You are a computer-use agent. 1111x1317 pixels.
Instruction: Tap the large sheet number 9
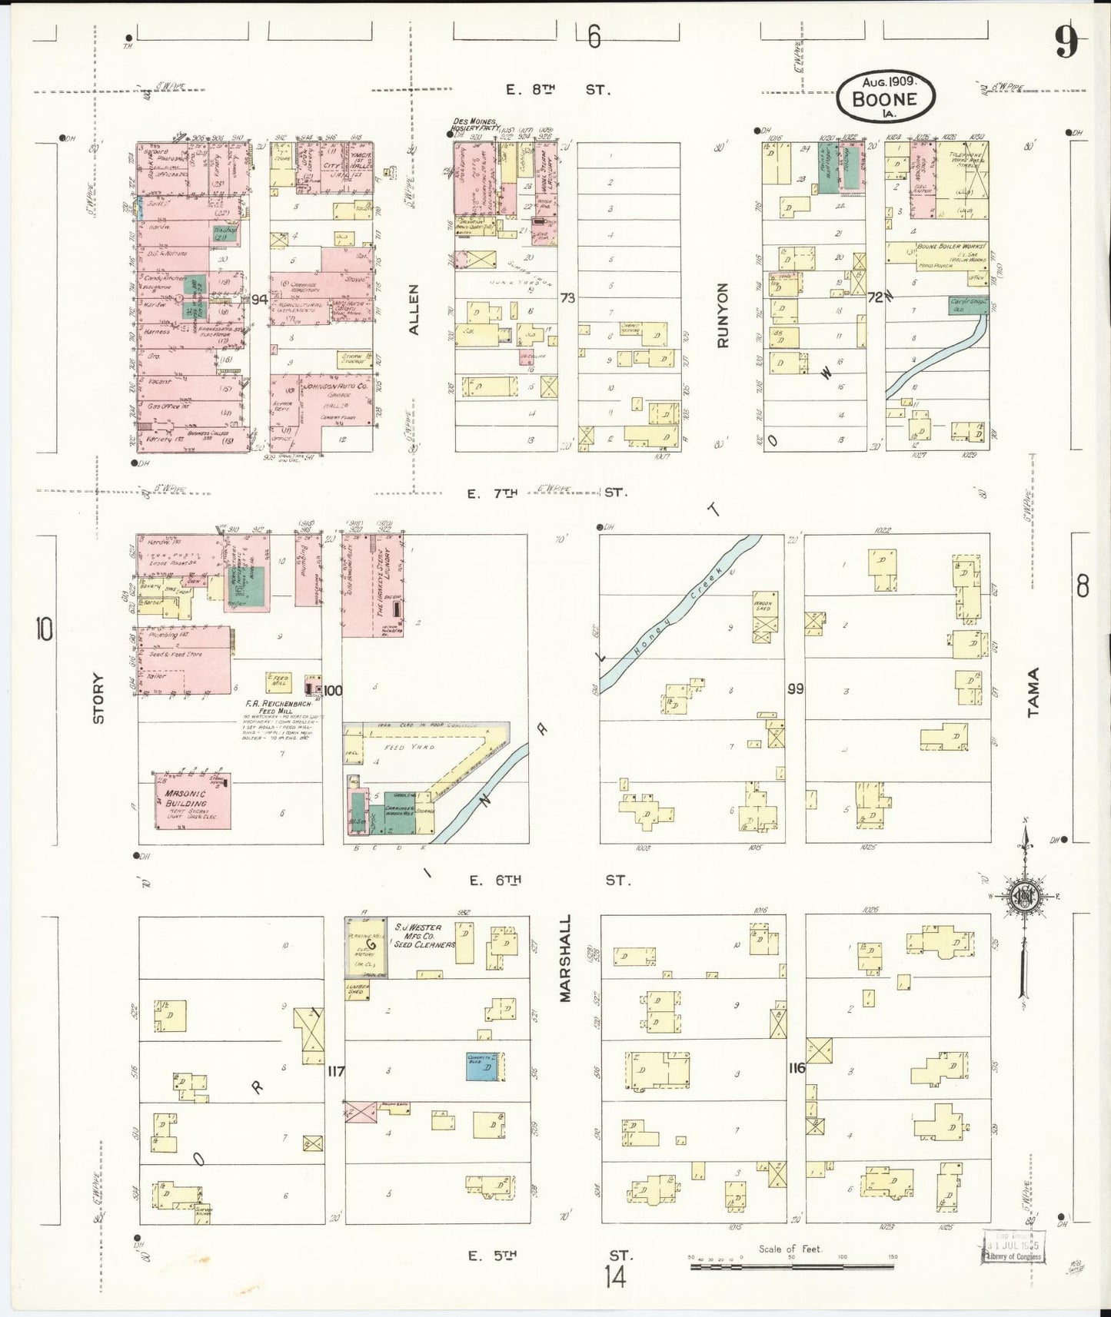(1065, 41)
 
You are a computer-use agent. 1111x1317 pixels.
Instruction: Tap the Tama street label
(1033, 692)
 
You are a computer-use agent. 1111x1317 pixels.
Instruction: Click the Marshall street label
(566, 957)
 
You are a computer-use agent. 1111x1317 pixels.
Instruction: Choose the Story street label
(98, 698)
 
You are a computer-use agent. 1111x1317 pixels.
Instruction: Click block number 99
(795, 688)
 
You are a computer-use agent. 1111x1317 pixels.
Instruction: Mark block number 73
(567, 297)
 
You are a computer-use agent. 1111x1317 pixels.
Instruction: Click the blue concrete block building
(484, 1067)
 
